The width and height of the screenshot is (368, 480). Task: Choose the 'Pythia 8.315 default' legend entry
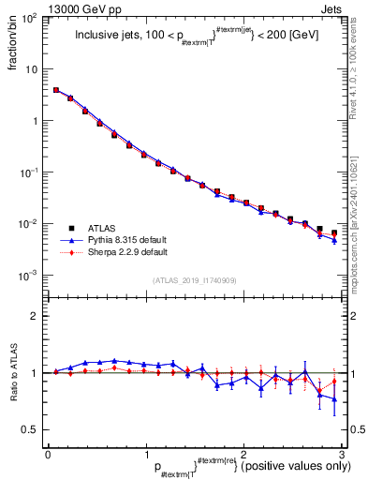[x=126, y=240]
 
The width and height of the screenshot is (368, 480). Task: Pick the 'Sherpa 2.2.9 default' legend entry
[x=126, y=252]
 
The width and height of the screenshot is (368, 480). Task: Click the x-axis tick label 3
[x=341, y=454]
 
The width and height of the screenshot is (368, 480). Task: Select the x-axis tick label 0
[x=48, y=454]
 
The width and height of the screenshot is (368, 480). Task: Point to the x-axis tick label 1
[x=146, y=454]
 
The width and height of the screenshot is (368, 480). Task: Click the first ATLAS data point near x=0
[x=56, y=90]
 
